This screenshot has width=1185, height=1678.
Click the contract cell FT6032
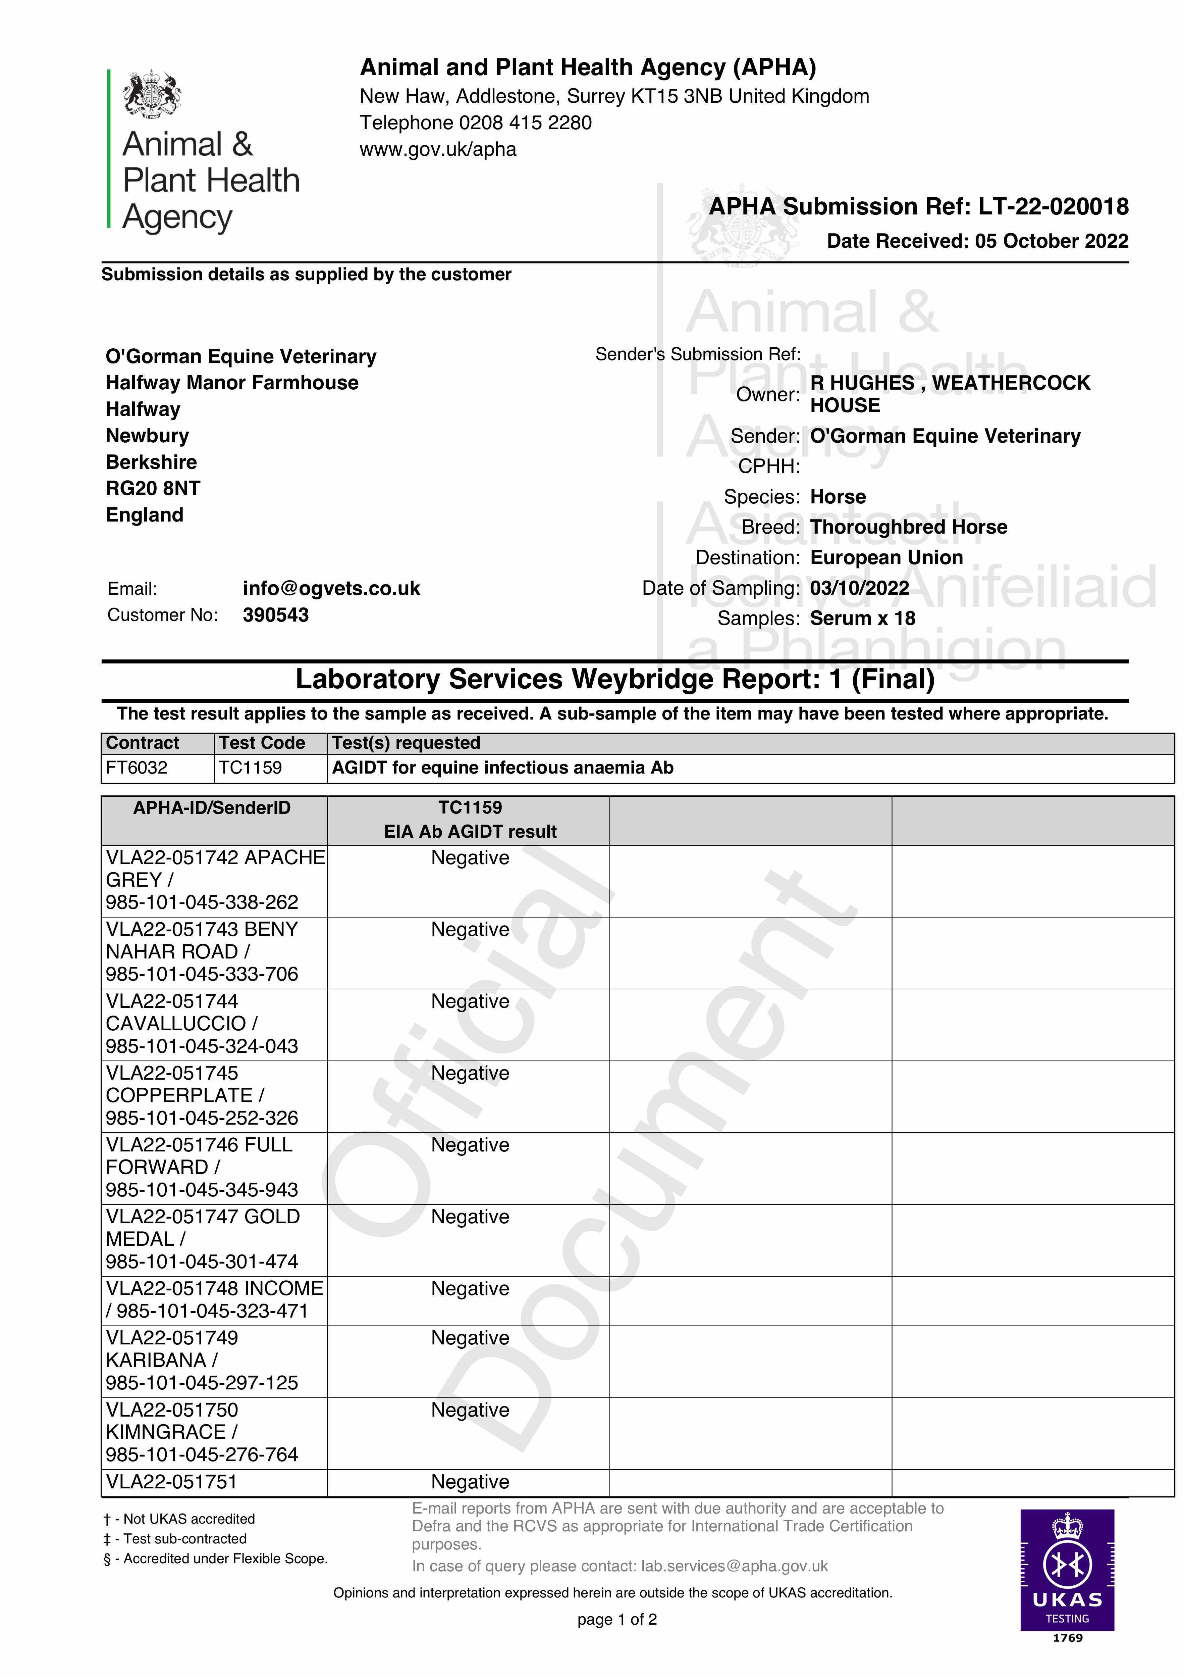click(x=137, y=768)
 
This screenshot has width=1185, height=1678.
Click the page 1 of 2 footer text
click(x=616, y=1620)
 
